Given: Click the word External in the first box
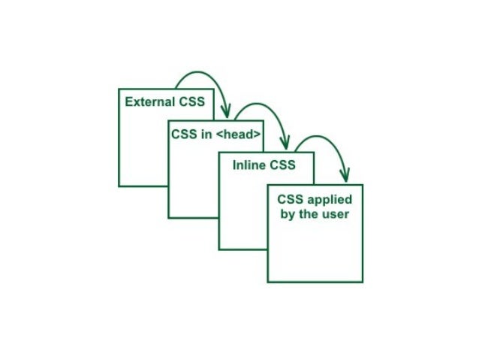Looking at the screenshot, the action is click(x=149, y=101).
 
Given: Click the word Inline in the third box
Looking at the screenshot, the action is click(x=248, y=165).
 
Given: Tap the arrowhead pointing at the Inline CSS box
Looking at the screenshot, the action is click(x=285, y=144).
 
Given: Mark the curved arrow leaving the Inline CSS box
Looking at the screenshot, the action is click(x=319, y=139).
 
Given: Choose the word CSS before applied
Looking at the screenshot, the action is click(x=291, y=200).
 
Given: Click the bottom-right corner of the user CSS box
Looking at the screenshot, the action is click(x=363, y=282).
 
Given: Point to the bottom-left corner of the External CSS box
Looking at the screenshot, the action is click(x=119, y=185).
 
